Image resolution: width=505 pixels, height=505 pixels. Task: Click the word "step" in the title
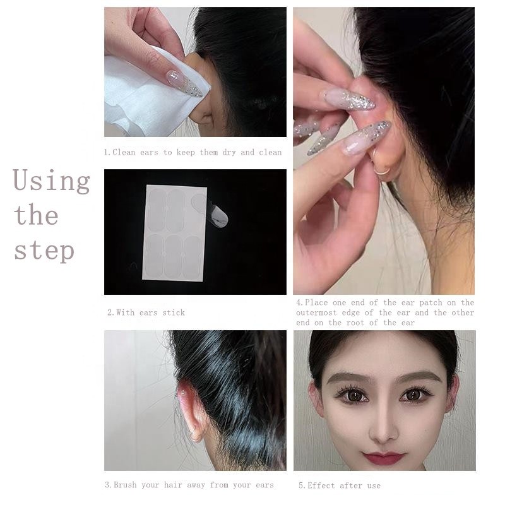[44, 250]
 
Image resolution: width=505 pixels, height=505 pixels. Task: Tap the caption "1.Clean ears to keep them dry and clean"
[193, 152]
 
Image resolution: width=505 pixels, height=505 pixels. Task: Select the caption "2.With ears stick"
[146, 312]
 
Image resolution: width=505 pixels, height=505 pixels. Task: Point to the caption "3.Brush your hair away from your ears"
[189, 485]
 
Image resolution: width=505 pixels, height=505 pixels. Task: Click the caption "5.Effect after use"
[340, 485]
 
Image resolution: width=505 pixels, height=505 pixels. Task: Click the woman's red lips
[384, 456]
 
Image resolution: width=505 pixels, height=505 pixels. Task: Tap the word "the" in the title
[36, 216]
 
